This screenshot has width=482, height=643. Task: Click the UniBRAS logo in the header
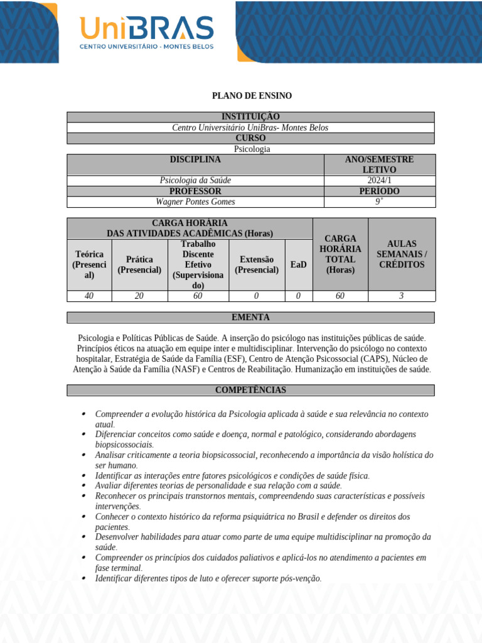tap(146, 33)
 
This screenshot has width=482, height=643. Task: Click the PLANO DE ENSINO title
tap(252, 95)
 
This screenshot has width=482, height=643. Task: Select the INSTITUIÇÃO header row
tap(250, 117)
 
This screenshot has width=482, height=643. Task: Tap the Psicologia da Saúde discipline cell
tap(195, 180)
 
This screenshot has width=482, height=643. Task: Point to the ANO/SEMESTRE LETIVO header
tap(379, 165)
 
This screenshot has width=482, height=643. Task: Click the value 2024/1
tap(379, 180)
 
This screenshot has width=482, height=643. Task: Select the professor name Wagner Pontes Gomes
tap(195, 202)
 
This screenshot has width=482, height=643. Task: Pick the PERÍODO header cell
tap(379, 191)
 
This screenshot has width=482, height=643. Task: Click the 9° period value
tap(379, 202)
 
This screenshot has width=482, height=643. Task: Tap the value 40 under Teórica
tap(89, 296)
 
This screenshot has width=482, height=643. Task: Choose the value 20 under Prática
tap(139, 296)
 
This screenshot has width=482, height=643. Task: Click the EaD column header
tap(298, 264)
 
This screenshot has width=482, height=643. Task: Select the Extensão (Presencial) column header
tap(257, 264)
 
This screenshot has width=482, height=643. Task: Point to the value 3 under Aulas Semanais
tap(401, 296)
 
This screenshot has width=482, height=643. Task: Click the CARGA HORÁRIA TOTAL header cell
tap(340, 254)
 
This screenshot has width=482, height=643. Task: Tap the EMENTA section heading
tap(250, 317)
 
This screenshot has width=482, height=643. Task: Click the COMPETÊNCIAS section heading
tap(250, 390)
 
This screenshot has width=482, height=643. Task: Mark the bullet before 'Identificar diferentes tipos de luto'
tap(84, 578)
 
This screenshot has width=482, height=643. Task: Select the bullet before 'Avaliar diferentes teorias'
tap(84, 485)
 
